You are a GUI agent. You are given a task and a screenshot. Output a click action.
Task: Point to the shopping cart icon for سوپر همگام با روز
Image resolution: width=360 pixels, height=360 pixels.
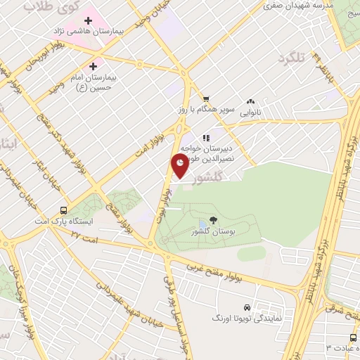(205, 98)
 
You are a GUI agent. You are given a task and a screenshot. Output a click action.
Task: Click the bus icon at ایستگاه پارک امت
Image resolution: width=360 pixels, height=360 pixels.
(64, 210)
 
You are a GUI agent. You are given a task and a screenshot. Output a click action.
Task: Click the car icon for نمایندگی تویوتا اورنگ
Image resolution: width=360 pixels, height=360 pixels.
(247, 308)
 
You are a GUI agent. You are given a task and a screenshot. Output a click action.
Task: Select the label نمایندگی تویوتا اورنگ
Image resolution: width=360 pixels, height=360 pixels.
(247, 319)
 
